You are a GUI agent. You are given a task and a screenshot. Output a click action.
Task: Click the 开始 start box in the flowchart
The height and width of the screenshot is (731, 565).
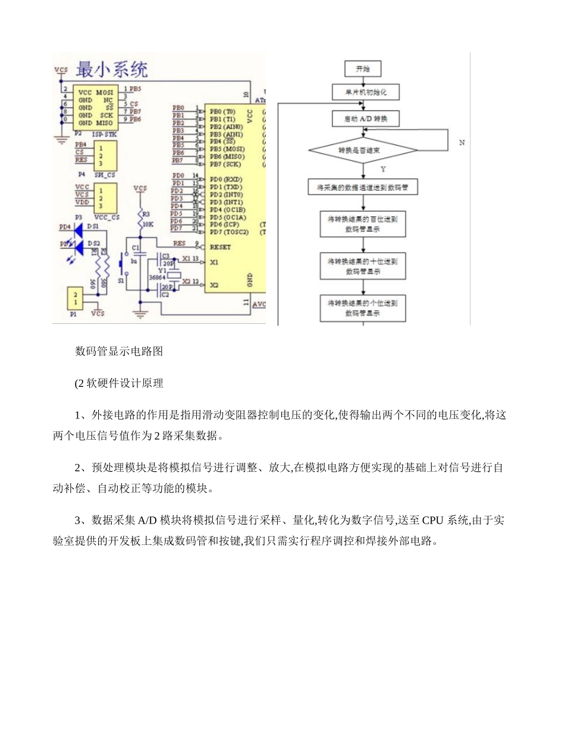click(x=363, y=69)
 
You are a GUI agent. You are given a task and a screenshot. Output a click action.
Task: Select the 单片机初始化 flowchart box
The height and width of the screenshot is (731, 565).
click(x=365, y=93)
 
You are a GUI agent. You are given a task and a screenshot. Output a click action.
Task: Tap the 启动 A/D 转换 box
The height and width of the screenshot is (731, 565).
click(x=365, y=119)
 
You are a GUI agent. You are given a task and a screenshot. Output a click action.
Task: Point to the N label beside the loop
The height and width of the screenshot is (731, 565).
click(x=462, y=143)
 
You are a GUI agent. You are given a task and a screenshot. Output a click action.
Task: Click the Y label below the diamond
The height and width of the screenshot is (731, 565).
click(x=383, y=169)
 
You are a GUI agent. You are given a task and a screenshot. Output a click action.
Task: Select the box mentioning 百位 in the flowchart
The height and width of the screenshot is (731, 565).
click(x=363, y=223)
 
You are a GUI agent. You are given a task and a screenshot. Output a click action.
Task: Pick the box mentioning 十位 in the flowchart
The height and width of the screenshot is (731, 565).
click(x=363, y=266)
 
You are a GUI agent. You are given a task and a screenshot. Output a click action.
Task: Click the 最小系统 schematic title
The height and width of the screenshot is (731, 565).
click(x=112, y=70)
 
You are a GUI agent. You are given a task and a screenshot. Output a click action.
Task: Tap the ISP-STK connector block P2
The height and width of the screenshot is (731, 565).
click(x=95, y=108)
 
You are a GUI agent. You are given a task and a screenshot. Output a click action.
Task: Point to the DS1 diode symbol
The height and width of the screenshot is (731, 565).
click(x=78, y=227)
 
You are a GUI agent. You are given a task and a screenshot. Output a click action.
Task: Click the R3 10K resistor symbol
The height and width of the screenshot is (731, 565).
click(x=140, y=219)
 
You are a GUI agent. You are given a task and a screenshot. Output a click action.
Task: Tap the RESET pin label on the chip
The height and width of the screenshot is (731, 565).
click(x=221, y=247)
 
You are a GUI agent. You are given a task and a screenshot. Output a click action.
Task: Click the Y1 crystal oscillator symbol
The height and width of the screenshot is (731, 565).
click(x=173, y=275)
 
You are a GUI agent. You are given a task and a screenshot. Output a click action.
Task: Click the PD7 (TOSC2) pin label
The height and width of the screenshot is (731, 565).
click(x=227, y=232)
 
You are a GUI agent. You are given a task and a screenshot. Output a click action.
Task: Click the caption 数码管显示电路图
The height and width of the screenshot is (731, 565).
click(x=119, y=351)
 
